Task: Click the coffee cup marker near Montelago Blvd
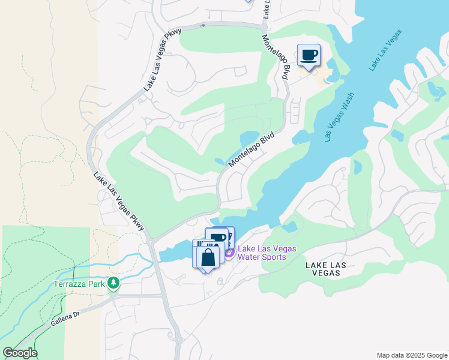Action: [309, 56]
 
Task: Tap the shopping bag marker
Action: [208, 258]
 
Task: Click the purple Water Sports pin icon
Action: [229, 253]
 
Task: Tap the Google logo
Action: [20, 352]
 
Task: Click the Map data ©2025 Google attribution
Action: [411, 355]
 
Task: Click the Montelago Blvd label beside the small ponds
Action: [252, 149]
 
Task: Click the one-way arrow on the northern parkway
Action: [202, 25]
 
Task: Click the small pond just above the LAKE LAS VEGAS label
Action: [289, 227]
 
